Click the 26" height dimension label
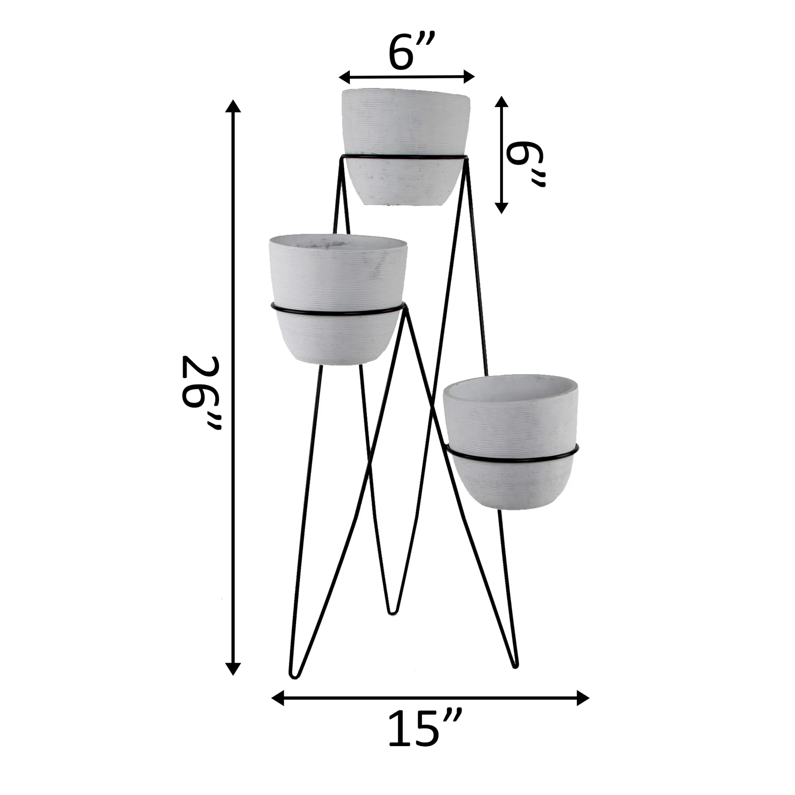pos(202,393)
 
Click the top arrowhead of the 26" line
pos(233,106)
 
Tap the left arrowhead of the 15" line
pos(278,698)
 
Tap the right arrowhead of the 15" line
pos(583,698)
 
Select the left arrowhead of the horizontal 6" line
pos(344,77)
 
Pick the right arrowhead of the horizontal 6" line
pos(469,77)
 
